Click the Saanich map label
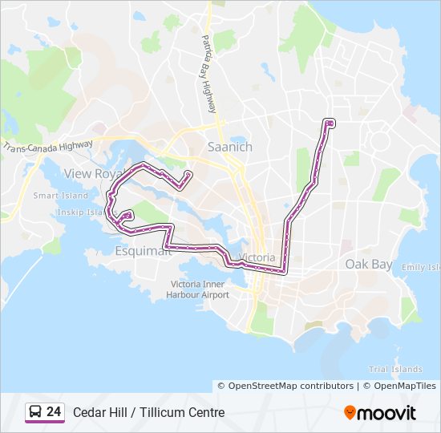(230, 148)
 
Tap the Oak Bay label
(369, 264)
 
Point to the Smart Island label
(61, 196)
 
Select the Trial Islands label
(395, 369)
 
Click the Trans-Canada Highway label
(48, 145)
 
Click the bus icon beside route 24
(35, 412)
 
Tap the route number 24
(54, 412)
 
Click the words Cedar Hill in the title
(99, 413)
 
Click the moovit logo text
(387, 413)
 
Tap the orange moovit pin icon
(350, 413)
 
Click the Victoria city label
(256, 258)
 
